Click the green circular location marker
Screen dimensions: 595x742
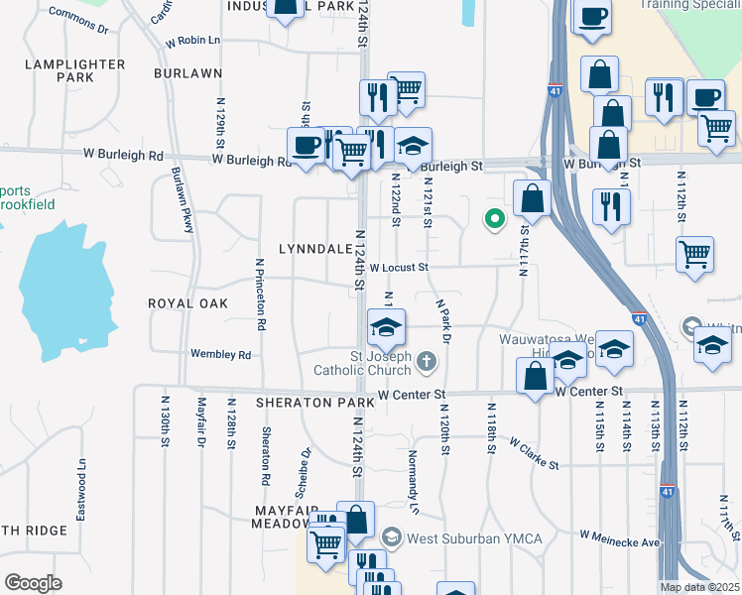493,219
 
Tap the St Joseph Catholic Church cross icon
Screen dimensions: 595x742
427,361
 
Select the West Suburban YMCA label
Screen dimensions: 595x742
460,537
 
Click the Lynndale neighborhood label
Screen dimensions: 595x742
315,248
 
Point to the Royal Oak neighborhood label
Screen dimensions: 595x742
187,302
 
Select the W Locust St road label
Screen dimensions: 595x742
398,267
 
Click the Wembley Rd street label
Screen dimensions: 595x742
223,354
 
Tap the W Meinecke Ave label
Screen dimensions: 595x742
620,542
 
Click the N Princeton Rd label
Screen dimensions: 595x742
260,294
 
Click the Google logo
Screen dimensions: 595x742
33,583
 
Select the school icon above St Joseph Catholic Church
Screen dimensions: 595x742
387,325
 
